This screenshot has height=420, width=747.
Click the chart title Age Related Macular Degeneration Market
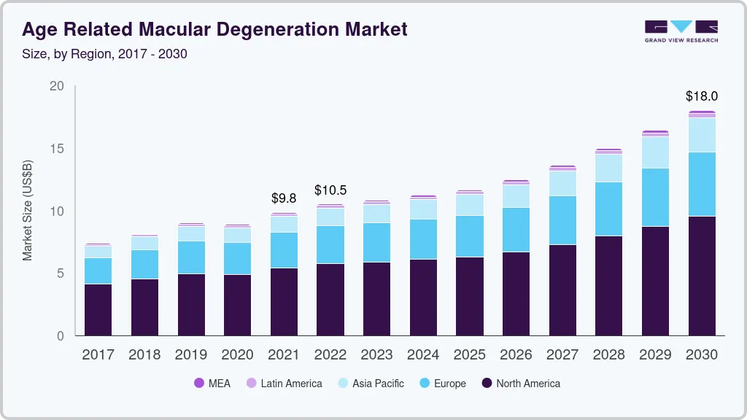pos(214,30)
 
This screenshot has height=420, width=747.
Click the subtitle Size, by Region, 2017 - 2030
pos(104,54)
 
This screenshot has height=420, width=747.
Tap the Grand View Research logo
pos(681,31)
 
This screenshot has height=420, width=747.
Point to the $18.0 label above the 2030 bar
pos(701,96)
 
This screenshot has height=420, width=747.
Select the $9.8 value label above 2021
pos(284,198)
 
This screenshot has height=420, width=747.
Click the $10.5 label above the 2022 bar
pos(330,190)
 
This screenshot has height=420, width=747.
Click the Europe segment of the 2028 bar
pos(608,209)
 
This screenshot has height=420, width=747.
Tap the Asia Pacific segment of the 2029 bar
pos(655,152)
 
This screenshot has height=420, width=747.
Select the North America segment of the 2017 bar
pos(98,309)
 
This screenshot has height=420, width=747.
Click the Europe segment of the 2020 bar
pos(237,258)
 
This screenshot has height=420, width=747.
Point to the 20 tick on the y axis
pos(57,86)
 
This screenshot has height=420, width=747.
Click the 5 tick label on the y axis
pos(61,273)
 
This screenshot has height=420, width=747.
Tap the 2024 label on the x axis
pos(423,355)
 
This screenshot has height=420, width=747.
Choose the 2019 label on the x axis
pos(191,355)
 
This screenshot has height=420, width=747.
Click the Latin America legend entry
pos(284,383)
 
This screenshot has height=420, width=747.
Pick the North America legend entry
pos(521,383)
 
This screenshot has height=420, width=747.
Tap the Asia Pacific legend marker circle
pos(343,383)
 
